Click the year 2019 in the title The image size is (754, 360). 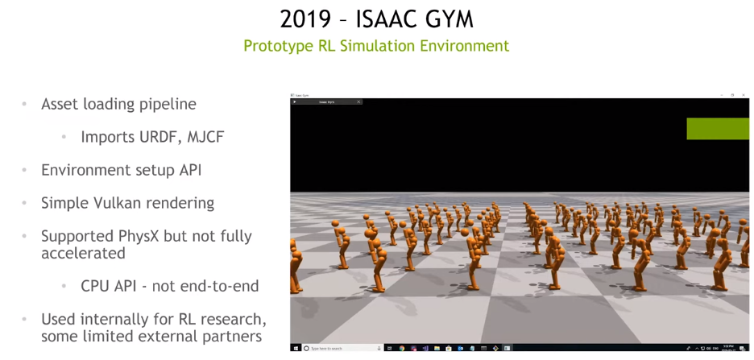coord(306,19)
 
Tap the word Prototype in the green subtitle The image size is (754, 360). coord(278,46)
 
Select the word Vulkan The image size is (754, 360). coord(123,203)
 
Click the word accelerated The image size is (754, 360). coord(83,253)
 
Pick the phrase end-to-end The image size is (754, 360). coord(222,286)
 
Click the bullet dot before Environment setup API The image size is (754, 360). coord(25,170)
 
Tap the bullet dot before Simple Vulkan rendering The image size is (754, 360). coord(25,203)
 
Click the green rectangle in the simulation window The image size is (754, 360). coord(718,129)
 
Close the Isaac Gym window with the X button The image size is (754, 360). coord(744,95)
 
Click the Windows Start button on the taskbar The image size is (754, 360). coord(296,348)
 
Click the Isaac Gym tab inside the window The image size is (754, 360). coord(326,101)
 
